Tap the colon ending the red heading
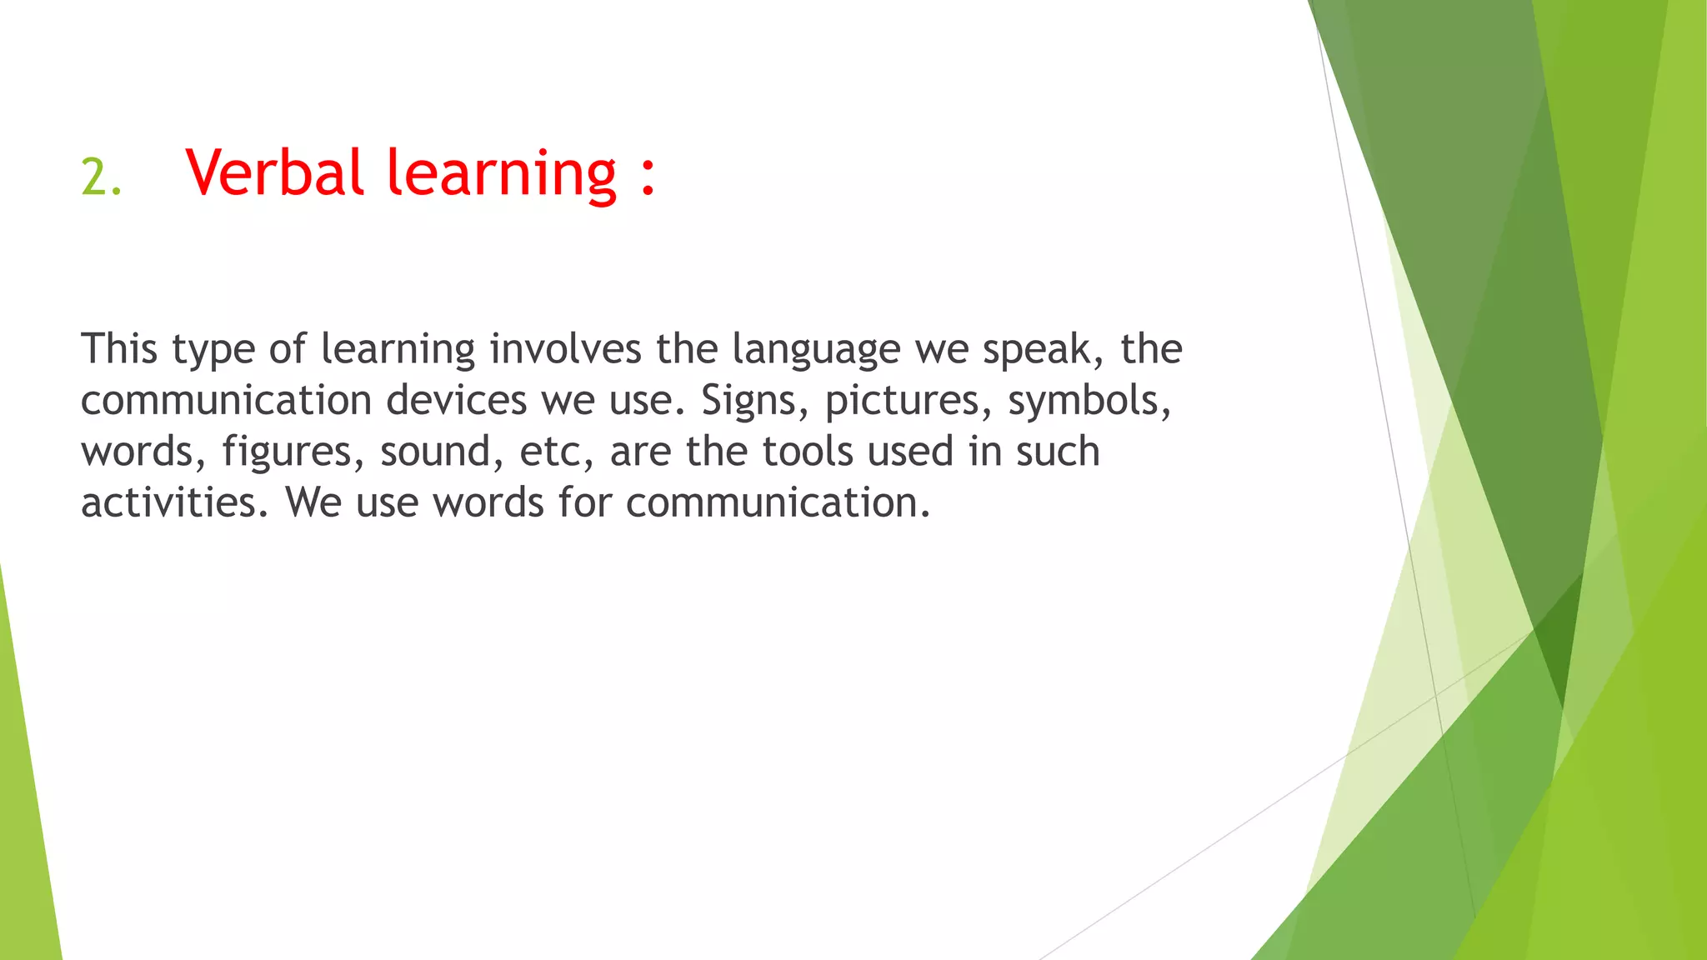tap(648, 175)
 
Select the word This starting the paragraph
tap(118, 348)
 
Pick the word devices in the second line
tap(456, 400)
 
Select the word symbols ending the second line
tap(1088, 402)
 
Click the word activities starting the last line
tap(173, 502)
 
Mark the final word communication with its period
tap(777, 502)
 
